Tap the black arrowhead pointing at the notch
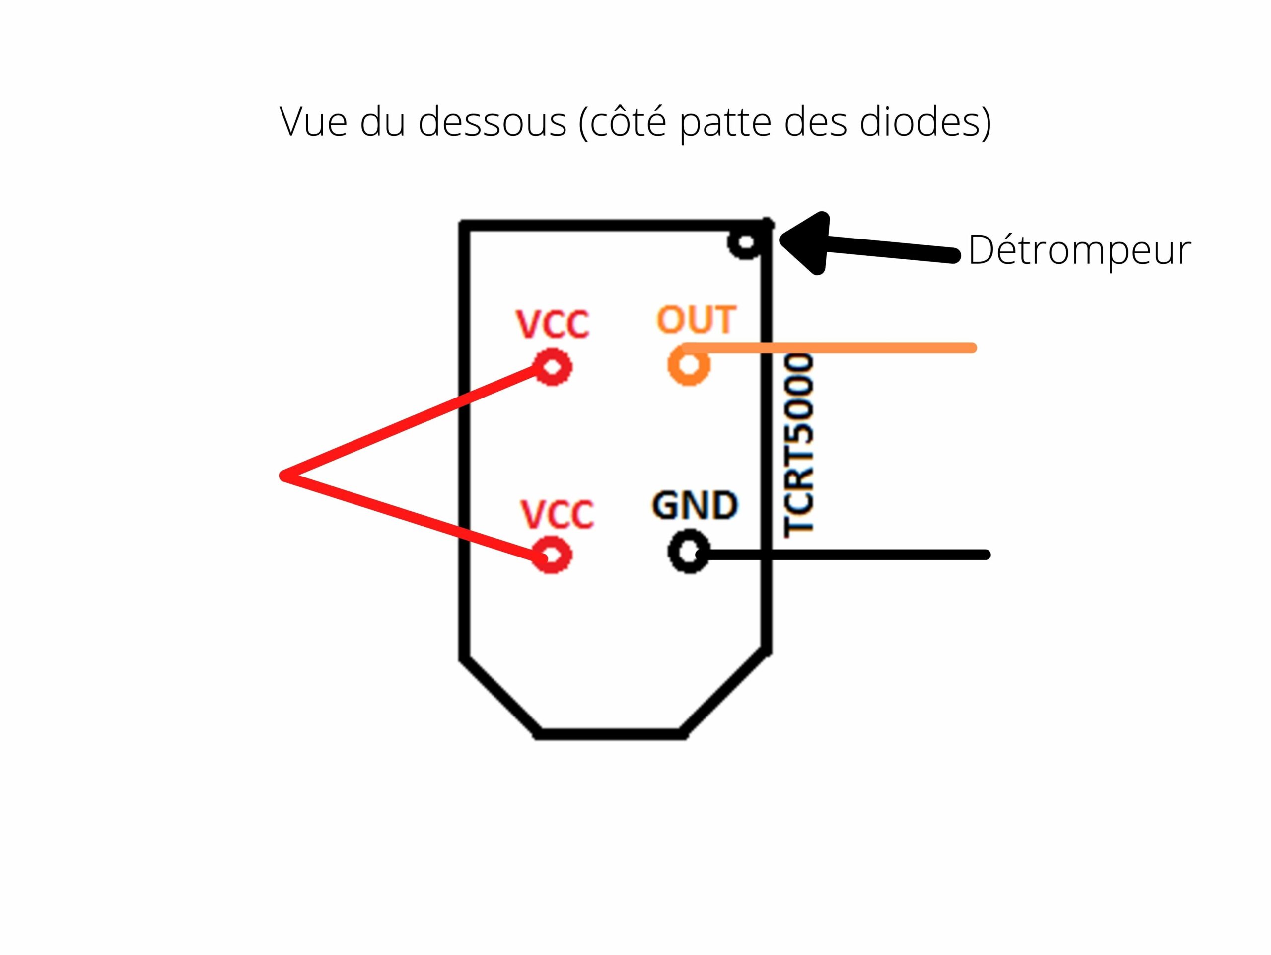(806, 242)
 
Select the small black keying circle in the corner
(745, 242)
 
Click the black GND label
(695, 505)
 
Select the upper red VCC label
(553, 324)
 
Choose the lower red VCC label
(557, 514)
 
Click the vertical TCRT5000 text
(799, 446)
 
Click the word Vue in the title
(313, 121)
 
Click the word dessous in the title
(493, 122)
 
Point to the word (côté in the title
(623, 121)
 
